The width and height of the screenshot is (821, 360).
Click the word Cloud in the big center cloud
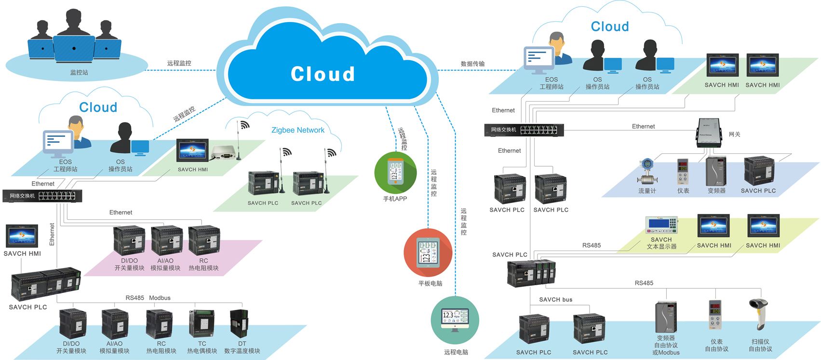click(x=323, y=74)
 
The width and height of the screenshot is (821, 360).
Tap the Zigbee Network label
click(x=297, y=130)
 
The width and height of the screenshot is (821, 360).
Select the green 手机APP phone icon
click(x=395, y=173)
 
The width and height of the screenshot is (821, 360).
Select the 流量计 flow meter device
click(x=646, y=172)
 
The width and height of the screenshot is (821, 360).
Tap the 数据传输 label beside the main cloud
click(x=472, y=64)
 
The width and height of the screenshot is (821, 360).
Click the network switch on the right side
click(x=524, y=130)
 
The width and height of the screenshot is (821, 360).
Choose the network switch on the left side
click(x=42, y=196)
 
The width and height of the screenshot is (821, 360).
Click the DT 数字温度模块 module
click(x=239, y=324)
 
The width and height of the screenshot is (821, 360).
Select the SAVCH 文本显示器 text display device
click(x=661, y=226)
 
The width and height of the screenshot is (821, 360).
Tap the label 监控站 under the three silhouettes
click(x=79, y=73)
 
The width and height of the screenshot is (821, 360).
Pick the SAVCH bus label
click(x=555, y=299)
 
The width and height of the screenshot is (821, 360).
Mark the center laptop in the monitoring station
click(x=73, y=48)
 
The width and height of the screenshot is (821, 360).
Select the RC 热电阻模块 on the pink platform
click(x=203, y=240)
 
